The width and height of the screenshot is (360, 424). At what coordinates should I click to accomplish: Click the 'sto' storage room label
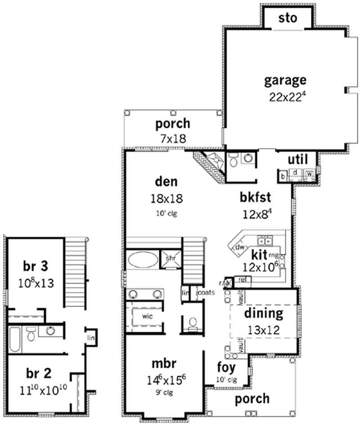click(x=288, y=18)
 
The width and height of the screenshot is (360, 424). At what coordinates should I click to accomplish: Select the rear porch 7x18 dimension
click(x=173, y=138)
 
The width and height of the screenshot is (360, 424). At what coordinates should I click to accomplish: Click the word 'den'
click(x=166, y=182)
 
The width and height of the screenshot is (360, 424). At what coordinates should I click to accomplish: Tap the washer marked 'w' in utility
click(x=310, y=173)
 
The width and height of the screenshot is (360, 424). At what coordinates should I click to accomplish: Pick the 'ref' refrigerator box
click(x=242, y=280)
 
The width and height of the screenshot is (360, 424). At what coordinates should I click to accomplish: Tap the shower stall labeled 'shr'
click(x=171, y=258)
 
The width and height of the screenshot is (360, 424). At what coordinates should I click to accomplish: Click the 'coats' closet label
click(x=205, y=293)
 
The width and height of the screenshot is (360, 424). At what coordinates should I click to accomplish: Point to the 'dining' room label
click(x=264, y=312)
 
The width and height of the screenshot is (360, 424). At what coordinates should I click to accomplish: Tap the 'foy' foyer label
click(x=225, y=367)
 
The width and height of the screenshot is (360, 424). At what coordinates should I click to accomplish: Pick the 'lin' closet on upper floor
click(x=90, y=337)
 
